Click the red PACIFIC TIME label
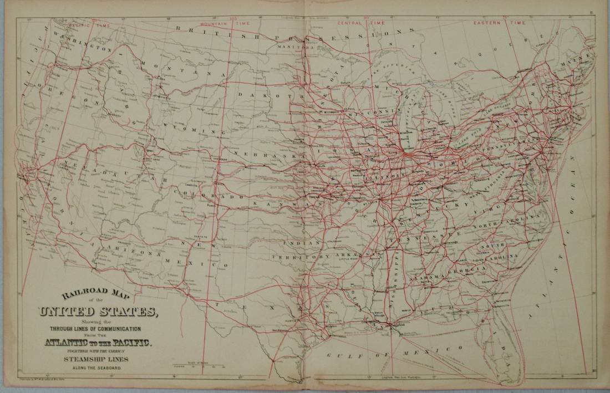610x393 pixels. coord(89,25)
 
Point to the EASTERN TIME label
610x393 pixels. coord(499,23)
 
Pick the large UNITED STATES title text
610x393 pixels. coord(97,312)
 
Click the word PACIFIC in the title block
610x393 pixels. coord(131,344)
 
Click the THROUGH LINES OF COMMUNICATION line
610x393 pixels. coord(98,329)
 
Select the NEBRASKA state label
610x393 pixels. coord(261,155)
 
